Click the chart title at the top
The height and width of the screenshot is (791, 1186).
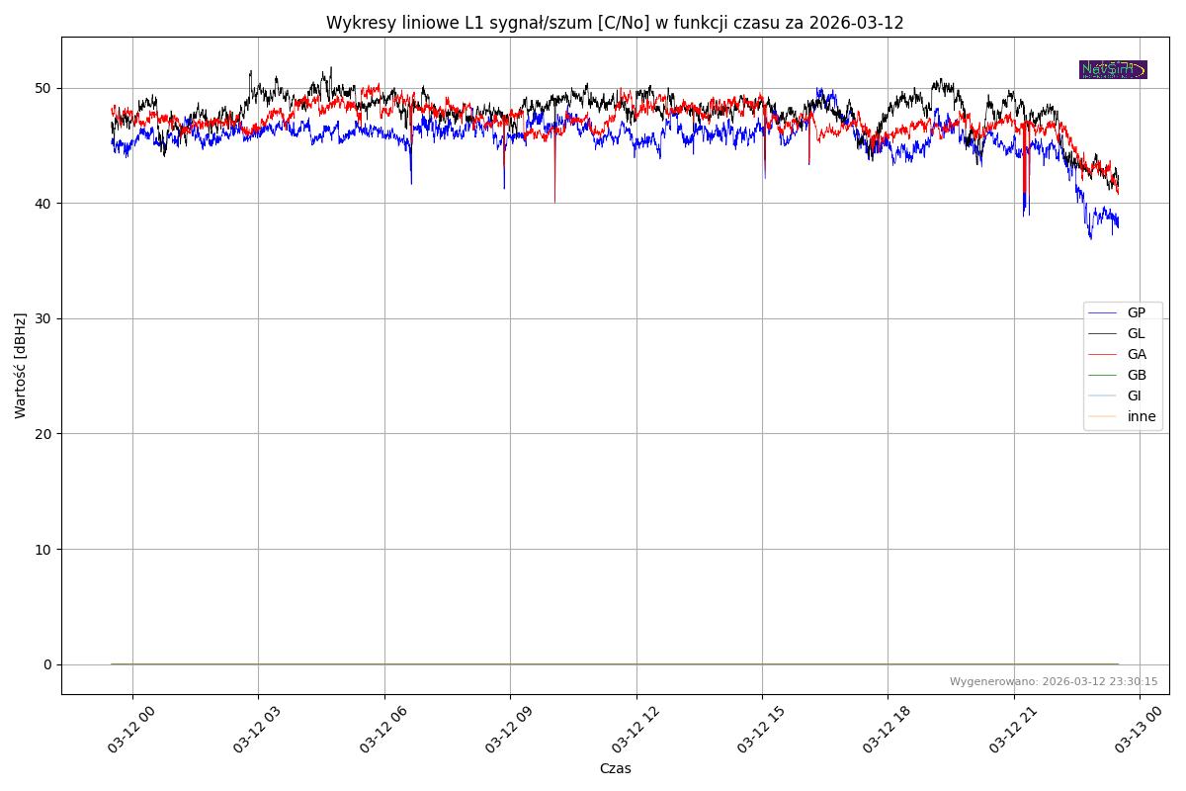(x=615, y=23)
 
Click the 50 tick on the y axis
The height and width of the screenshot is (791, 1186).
(x=43, y=88)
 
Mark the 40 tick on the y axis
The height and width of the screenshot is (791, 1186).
(x=43, y=204)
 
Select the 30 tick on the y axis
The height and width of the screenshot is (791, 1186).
(x=43, y=318)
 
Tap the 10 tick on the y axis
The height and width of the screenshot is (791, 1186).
(x=43, y=549)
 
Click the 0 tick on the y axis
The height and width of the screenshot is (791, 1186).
(x=46, y=664)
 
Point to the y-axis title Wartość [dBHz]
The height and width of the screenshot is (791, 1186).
(x=21, y=365)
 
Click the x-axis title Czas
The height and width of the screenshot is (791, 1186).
(x=615, y=768)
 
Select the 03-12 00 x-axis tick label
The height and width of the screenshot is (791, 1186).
(x=131, y=733)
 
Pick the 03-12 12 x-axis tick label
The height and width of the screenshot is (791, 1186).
(x=635, y=733)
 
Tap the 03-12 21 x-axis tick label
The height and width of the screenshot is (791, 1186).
(x=1013, y=733)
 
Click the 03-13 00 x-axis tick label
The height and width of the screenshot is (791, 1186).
(x=1139, y=733)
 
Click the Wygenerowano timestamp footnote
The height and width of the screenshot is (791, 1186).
(x=1054, y=682)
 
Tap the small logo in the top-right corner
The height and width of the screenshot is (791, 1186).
(x=1113, y=69)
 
